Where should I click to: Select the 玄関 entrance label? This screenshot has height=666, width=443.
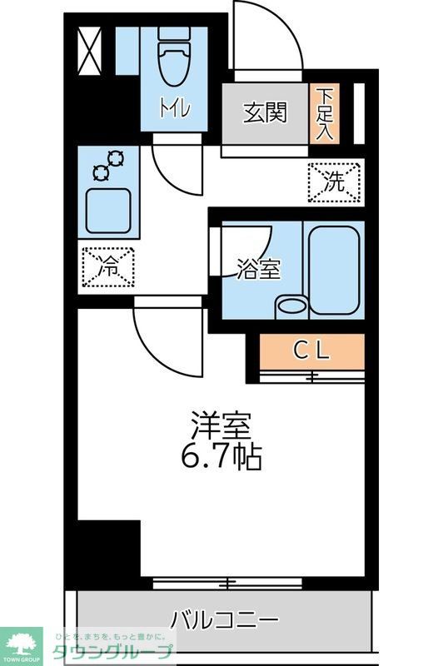265,112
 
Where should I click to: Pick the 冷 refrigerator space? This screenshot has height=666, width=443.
108,267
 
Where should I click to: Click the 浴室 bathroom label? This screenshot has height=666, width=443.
258,270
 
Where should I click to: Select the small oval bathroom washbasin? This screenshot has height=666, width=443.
291,306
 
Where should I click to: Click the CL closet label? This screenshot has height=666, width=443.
312,351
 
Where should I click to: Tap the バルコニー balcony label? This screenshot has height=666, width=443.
224,620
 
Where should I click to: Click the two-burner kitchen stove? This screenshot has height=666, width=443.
109,164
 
